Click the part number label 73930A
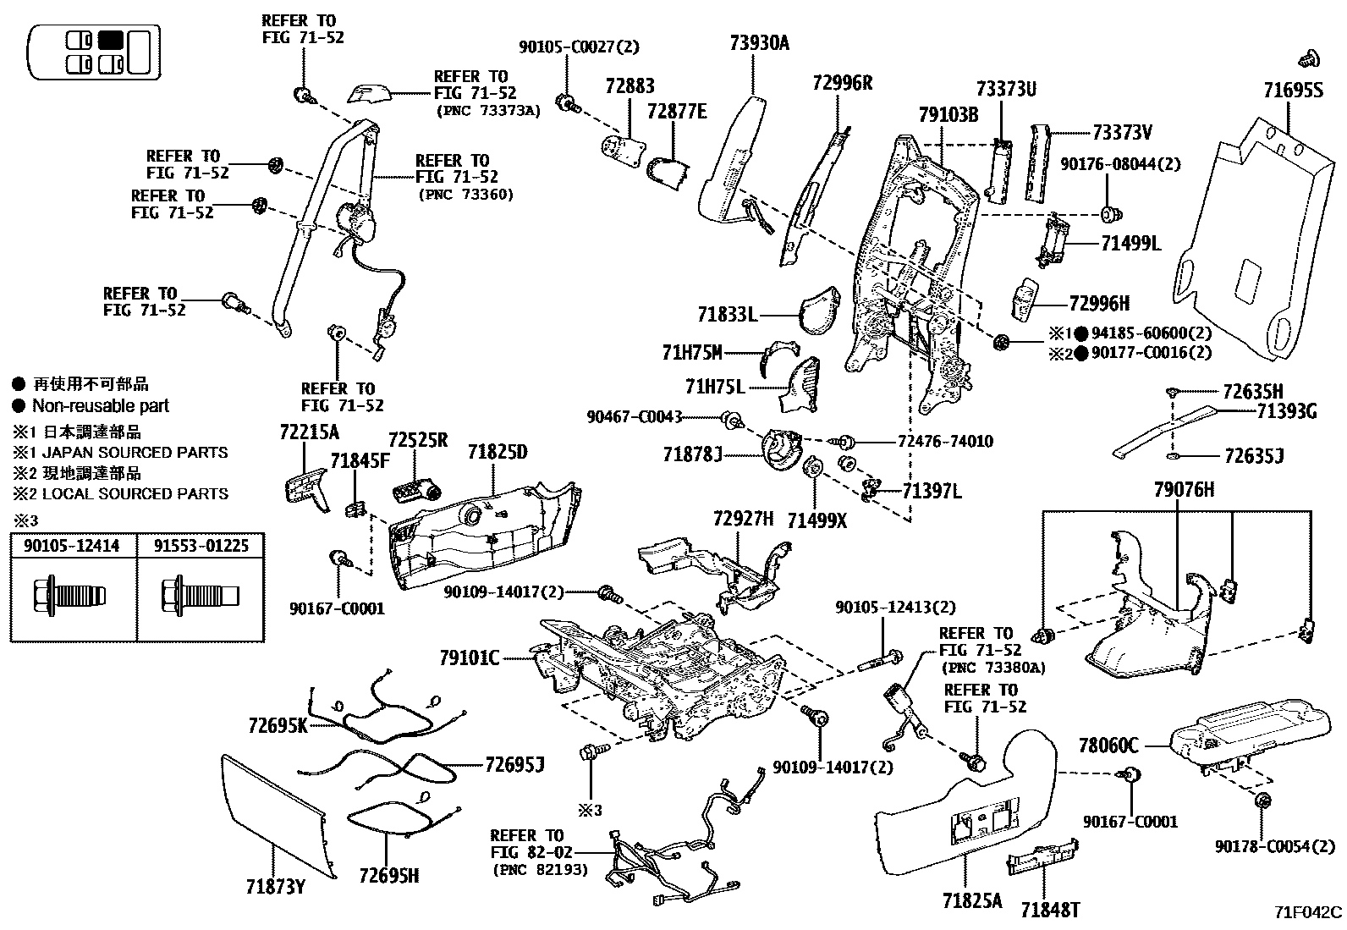(x=759, y=43)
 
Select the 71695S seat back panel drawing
(x=1256, y=240)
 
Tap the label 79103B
(x=948, y=114)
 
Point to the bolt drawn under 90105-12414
(x=70, y=596)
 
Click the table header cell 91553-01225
(x=201, y=546)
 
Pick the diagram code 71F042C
(x=1308, y=912)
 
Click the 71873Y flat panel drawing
(x=277, y=815)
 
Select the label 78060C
(x=1108, y=746)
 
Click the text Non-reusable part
(x=101, y=406)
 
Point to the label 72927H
(x=743, y=519)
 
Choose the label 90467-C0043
(x=635, y=417)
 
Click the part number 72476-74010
(x=945, y=442)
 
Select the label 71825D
(x=498, y=452)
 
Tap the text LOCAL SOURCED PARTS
(x=135, y=494)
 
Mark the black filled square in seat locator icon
(x=111, y=40)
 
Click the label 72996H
(x=1099, y=304)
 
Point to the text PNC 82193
(x=540, y=870)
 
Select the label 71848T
(x=1050, y=911)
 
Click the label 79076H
(x=1184, y=490)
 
